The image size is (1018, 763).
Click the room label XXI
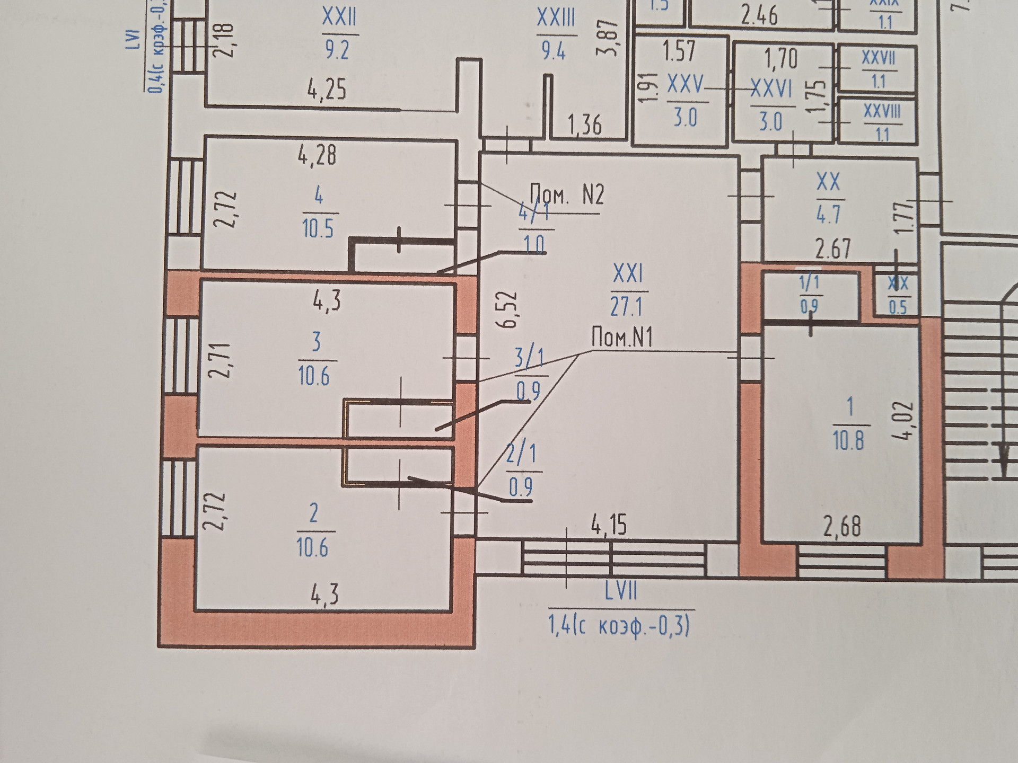[628, 274]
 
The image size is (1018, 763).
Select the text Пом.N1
[622, 337]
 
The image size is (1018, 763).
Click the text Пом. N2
[567, 195]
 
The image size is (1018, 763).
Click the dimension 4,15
[609, 525]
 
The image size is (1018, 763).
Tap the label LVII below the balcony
[620, 591]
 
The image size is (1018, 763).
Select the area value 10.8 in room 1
[848, 440]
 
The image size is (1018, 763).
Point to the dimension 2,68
[841, 527]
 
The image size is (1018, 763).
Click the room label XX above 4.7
[829, 182]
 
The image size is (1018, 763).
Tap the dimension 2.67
[833, 249]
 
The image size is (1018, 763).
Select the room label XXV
[685, 85]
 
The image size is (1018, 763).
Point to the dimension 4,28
[317, 156]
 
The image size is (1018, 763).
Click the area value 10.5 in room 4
[318, 229]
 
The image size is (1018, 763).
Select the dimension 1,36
[585, 126]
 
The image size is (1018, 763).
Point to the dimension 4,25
[327, 90]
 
